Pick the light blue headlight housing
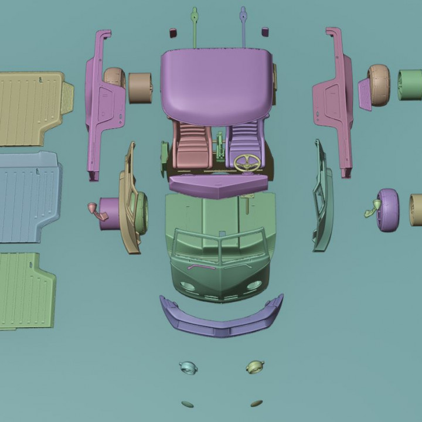pyautogui.click(x=188, y=367)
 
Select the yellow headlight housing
pyautogui.click(x=255, y=367)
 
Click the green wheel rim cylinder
pyautogui.click(x=409, y=85)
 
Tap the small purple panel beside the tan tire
pyautogui.click(x=365, y=94)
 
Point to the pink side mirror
pyautogui.click(x=94, y=209)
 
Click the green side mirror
pyautogui.click(x=370, y=207)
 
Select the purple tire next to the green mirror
pyautogui.click(x=388, y=210)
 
